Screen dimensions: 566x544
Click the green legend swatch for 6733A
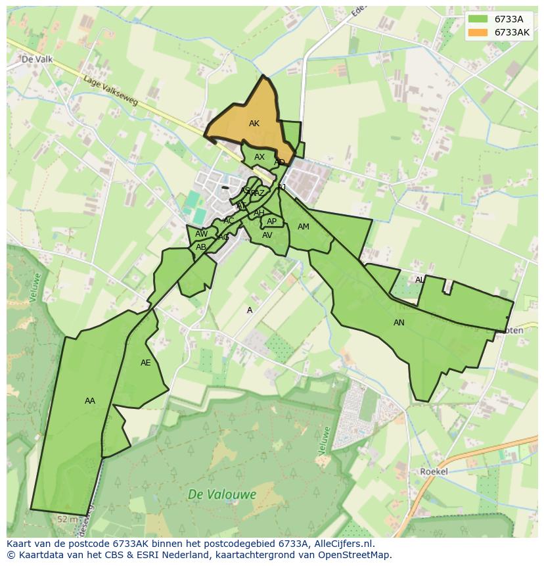pos(478,19)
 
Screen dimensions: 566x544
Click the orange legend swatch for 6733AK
pos(478,32)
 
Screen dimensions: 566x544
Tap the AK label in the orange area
pos(254,124)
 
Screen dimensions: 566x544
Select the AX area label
pos(260,157)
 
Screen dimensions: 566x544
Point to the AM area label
pos(303,227)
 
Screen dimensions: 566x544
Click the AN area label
pos(399,323)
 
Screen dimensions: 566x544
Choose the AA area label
pos(90,401)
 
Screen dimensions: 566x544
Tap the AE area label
pos(146,363)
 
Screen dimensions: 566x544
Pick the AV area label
pos(267,235)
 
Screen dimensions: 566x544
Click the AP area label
pos(271,222)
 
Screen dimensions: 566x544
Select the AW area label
pos(201,234)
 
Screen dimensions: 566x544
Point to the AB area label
pos(201,247)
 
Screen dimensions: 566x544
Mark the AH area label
pos(259,213)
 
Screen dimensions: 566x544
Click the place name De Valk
pos(37,59)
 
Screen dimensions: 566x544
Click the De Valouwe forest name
pos(222,494)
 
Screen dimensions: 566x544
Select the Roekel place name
pos(434,471)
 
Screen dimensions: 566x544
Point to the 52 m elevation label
pos(67,519)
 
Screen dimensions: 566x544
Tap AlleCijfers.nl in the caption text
pos(342,544)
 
